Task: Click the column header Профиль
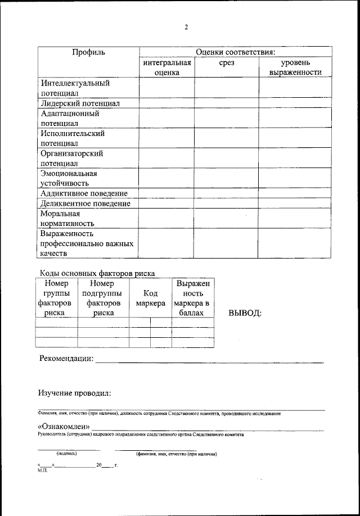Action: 88,52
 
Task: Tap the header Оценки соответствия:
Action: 235,52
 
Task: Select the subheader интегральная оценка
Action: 166,67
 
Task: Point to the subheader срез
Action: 227,63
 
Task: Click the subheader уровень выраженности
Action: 295,67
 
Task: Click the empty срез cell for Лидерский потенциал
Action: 227,103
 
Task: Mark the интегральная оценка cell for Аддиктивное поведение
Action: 166,193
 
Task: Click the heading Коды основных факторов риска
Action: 97,274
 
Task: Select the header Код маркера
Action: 150,298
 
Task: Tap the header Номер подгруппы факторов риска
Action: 103,298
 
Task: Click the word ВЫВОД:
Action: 245,313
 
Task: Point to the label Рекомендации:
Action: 66,359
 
